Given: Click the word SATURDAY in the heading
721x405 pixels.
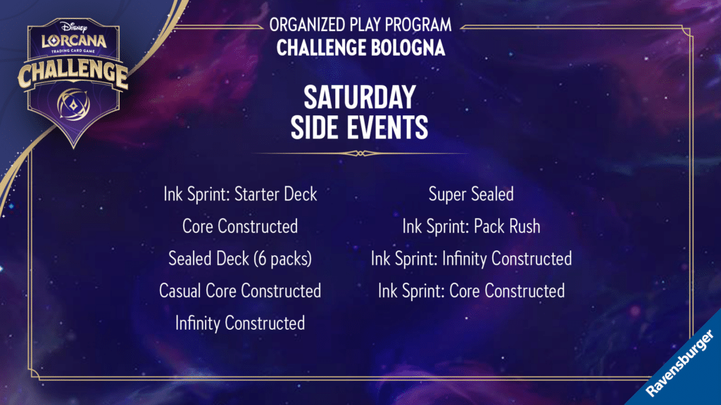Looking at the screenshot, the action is coord(360,97).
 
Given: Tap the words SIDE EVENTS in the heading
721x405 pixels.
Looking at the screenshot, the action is coord(360,127).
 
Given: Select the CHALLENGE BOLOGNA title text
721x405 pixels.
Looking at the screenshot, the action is coord(360,48).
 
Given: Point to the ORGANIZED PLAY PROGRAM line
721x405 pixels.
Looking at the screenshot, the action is coord(360,25).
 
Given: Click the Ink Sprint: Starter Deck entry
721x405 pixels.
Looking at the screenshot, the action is coord(240,194).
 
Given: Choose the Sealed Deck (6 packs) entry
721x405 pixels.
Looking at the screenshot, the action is coord(240,259).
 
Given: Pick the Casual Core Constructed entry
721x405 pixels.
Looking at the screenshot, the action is coord(240,290).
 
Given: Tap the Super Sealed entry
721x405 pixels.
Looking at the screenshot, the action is coord(471,194).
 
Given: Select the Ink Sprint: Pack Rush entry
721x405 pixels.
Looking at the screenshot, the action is coord(471,226).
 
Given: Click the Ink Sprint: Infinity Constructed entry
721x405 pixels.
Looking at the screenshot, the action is coord(471,259).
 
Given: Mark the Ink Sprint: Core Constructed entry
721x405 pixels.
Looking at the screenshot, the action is coord(471,290).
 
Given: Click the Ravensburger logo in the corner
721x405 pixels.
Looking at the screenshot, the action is coord(680,364).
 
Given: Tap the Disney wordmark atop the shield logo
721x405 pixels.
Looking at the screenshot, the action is coord(73,27).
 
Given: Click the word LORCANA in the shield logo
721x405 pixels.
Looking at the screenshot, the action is coord(73,41).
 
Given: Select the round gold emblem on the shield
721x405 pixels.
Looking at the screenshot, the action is coord(73,104).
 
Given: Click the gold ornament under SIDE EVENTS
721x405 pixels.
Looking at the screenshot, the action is coord(360,153).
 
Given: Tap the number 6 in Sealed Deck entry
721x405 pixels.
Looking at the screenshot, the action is coord(262,259).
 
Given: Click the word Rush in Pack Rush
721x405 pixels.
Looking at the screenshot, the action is coord(523,226).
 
